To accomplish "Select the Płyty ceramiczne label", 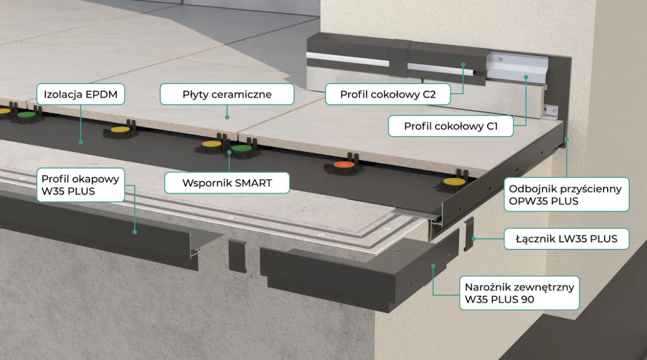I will (x=227, y=95).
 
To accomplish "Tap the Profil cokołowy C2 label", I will (x=388, y=95).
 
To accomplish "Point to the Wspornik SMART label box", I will (x=227, y=183).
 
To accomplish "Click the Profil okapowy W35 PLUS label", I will (x=80, y=185).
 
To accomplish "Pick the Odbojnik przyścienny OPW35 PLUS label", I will (x=566, y=194).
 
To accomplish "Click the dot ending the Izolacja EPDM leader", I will (x=80, y=141).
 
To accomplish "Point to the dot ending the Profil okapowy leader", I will (x=135, y=231).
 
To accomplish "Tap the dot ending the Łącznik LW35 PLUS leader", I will (x=473, y=239).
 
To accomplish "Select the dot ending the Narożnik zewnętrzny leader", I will (x=434, y=266).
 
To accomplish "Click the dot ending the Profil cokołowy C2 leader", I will (x=463, y=65).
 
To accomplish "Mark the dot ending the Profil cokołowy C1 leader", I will (x=526, y=77).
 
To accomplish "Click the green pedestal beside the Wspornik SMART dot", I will (x=241, y=149).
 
